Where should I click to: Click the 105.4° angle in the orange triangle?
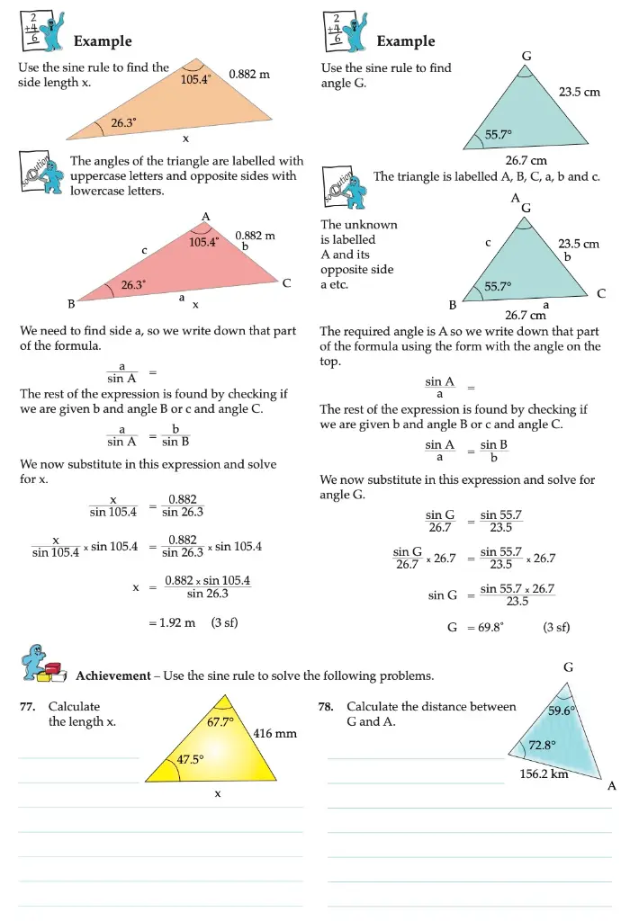195,79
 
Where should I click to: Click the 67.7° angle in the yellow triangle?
220,721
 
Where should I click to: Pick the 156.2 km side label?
544,773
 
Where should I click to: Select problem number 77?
28,707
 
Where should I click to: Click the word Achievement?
112,676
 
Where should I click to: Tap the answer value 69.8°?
486,628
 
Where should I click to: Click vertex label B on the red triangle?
72,303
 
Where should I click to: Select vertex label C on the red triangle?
286,283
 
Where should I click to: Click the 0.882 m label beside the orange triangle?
249,74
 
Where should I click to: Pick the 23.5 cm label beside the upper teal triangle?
579,92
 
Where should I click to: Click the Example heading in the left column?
103,41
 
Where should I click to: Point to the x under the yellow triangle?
217,794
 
